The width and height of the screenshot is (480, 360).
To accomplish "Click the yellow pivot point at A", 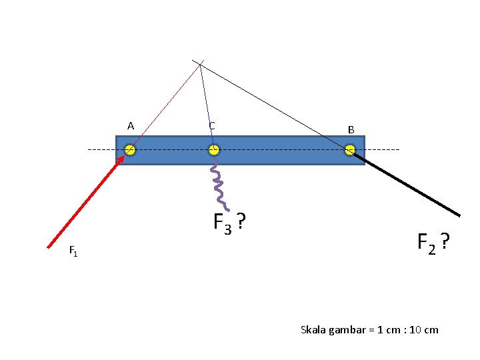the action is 129,150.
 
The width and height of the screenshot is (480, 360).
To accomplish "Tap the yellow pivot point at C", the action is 214,150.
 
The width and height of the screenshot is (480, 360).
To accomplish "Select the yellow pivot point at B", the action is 350,150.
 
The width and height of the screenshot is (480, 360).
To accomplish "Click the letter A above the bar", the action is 131,126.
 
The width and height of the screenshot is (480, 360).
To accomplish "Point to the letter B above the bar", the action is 351,130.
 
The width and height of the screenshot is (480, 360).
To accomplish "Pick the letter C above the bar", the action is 212,126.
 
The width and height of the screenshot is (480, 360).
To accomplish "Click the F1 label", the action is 73,251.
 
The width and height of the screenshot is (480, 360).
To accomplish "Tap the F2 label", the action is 427,244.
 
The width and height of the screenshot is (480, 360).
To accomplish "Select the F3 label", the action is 222,224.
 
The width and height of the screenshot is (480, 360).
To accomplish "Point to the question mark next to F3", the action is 241,221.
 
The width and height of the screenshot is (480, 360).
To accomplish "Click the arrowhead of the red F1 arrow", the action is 121,159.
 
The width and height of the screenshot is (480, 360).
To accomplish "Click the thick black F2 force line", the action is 405,184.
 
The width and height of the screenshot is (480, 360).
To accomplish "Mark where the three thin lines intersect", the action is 200,64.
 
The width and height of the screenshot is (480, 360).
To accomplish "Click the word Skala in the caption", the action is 313,330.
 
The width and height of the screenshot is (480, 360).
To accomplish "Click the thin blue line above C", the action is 207,105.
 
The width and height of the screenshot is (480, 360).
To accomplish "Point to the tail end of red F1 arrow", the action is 48,247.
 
